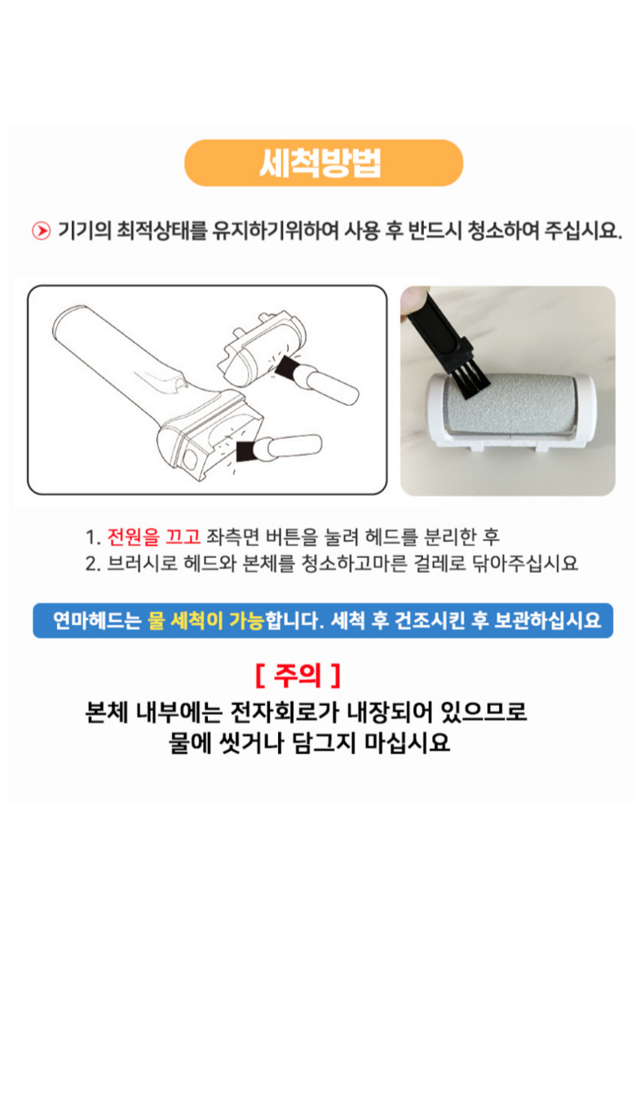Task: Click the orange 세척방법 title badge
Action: coord(323,162)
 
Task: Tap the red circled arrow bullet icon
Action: coord(41,231)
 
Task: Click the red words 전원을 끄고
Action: coord(153,537)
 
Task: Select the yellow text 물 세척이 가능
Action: coord(206,620)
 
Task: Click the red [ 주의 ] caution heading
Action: coord(298,675)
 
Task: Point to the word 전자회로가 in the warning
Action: coord(285,712)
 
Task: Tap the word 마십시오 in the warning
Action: coord(407,743)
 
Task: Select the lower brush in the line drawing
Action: coord(279,448)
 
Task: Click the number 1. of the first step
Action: coord(93,537)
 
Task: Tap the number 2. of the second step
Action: coord(93,564)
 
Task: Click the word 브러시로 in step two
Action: coord(142,563)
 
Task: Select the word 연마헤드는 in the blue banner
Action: coord(97,620)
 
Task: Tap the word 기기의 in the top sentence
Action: coord(85,230)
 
